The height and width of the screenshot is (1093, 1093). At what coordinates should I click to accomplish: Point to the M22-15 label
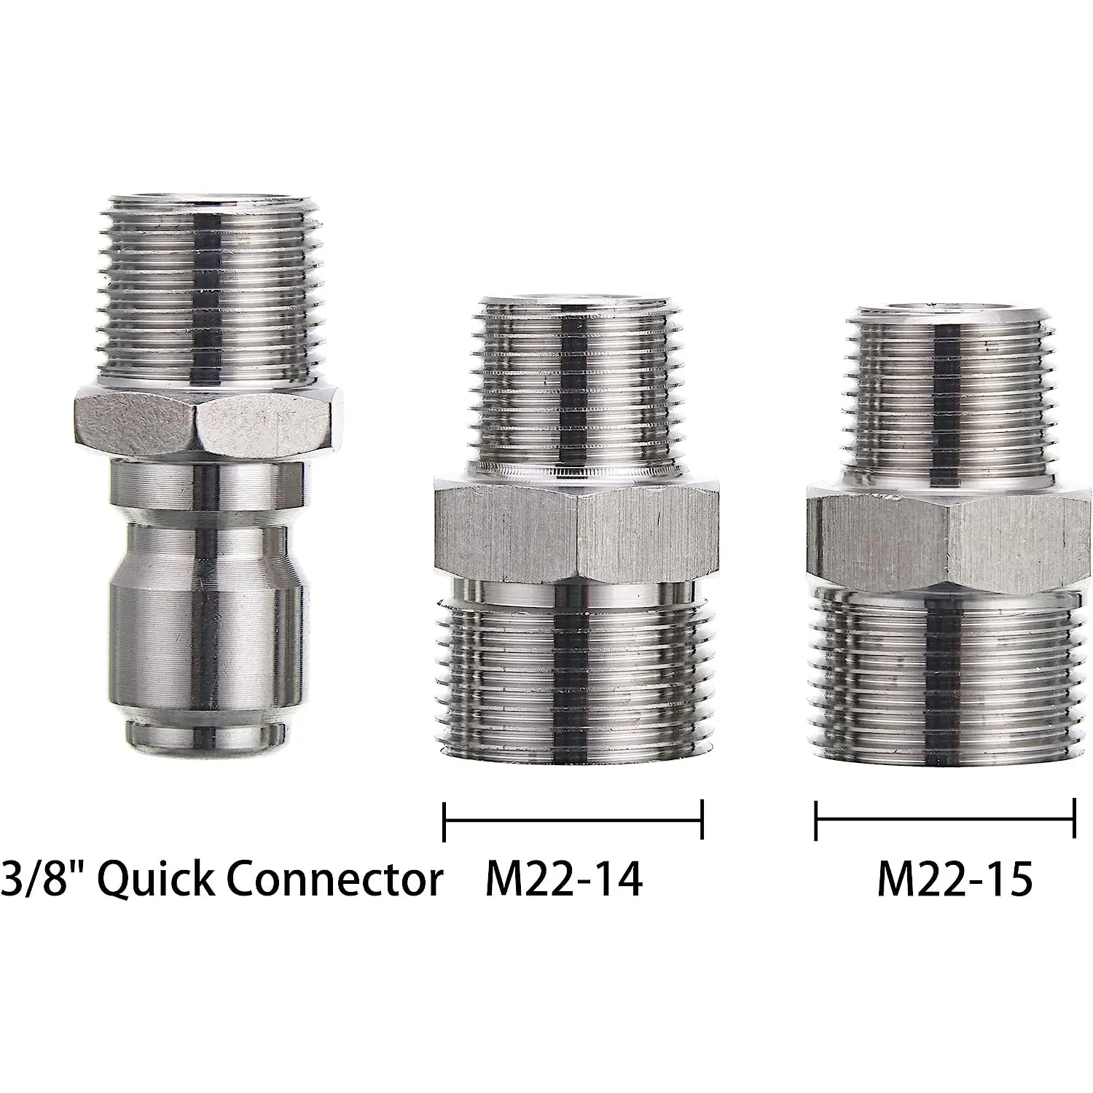[955, 880]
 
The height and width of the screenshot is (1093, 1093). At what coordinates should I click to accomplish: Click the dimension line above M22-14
[573, 820]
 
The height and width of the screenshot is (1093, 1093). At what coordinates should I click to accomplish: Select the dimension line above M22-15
[945, 820]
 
